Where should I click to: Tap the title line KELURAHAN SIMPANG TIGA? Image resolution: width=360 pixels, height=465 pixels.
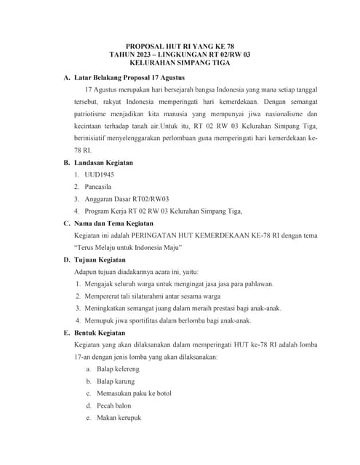[x=180, y=63]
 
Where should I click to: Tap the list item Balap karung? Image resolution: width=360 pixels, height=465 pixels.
[x=116, y=381]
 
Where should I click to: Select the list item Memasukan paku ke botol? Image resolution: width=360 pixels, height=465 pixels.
[x=133, y=393]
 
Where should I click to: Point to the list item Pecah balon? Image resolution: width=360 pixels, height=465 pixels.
[x=113, y=405]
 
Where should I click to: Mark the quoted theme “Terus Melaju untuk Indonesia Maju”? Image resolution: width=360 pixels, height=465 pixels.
[x=129, y=247]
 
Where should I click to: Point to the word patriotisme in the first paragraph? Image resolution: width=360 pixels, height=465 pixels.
[x=95, y=114]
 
